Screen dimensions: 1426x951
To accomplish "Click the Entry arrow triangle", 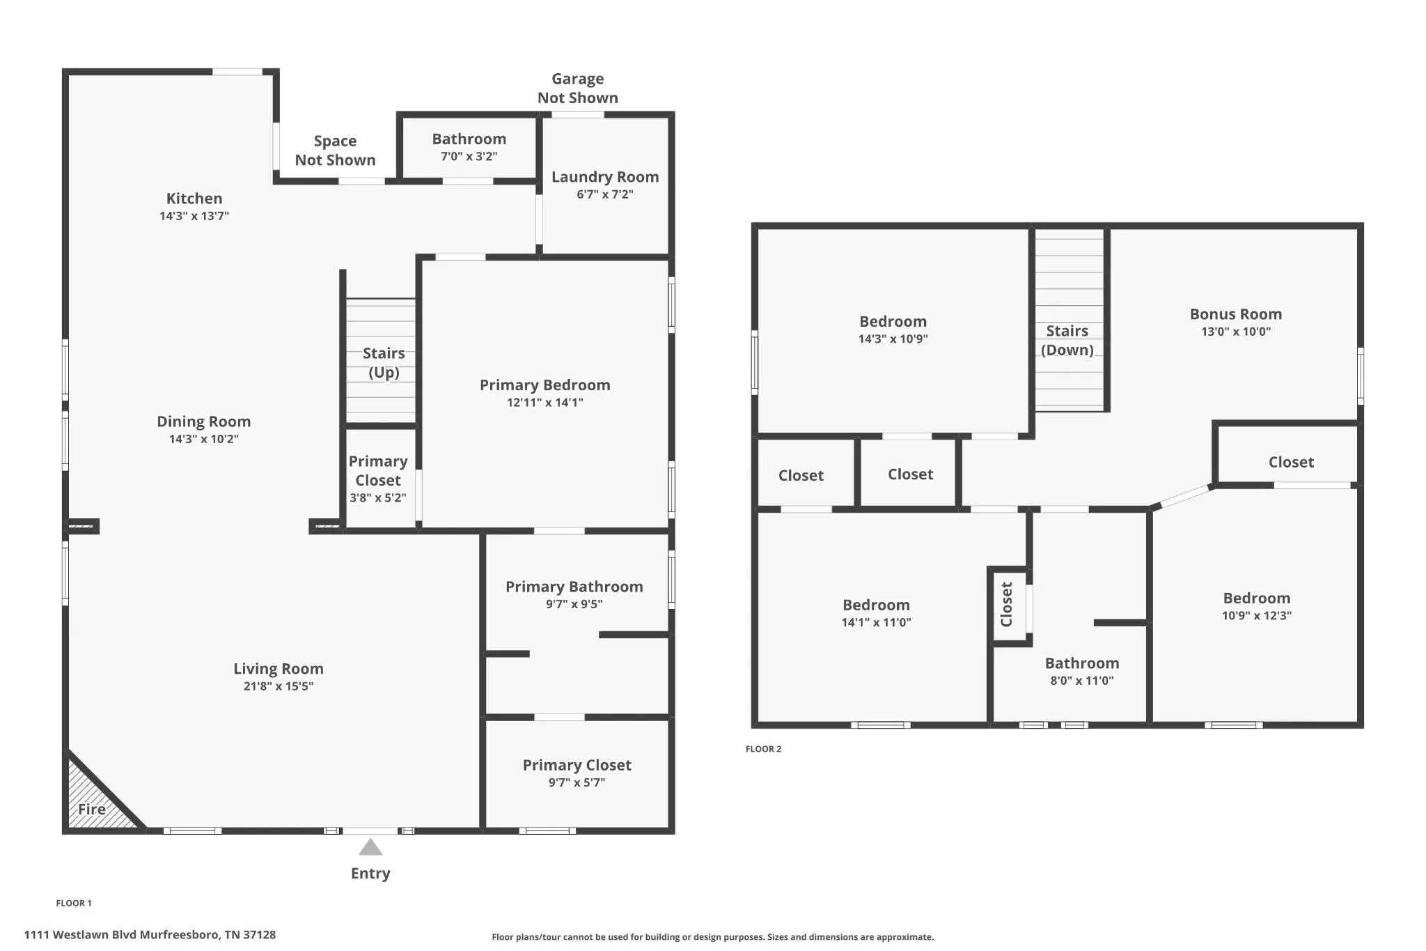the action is [x=370, y=847].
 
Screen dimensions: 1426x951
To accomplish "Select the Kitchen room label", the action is [x=194, y=199].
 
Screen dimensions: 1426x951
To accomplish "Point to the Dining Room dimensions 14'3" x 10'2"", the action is [x=204, y=439].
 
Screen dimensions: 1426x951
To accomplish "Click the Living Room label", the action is [x=279, y=669].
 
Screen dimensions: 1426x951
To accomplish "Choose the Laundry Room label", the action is [x=605, y=177].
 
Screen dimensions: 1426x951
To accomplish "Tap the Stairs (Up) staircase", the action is [x=381, y=361].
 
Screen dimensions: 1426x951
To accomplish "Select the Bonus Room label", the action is [x=1236, y=314].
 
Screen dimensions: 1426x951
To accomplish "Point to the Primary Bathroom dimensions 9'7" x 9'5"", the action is [x=574, y=604].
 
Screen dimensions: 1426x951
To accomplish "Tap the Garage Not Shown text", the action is [x=578, y=88].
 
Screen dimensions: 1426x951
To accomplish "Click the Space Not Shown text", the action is [x=335, y=150].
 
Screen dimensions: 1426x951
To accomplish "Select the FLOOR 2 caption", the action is [x=763, y=749].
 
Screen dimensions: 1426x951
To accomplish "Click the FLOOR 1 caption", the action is [x=74, y=903].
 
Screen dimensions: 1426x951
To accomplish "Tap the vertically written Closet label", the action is [x=1006, y=605].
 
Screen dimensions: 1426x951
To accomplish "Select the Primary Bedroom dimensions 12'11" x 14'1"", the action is [x=545, y=403].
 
